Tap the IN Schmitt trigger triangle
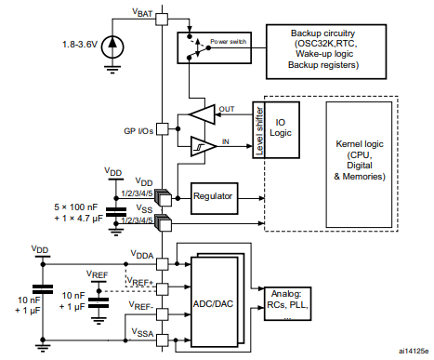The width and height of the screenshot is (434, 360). (x=201, y=146)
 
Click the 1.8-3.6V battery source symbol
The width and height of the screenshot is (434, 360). (x=112, y=44)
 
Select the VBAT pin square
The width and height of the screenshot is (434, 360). (x=162, y=19)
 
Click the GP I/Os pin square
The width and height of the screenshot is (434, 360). (x=162, y=128)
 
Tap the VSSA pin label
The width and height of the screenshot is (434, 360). (x=142, y=332)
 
